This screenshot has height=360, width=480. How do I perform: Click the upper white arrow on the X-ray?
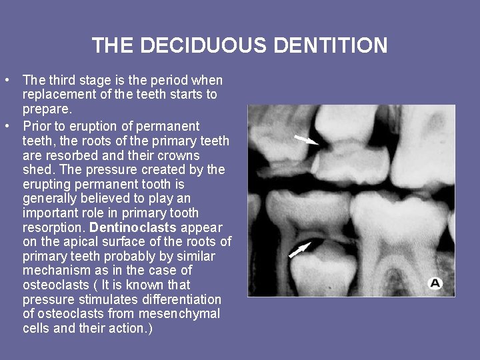click(307, 140)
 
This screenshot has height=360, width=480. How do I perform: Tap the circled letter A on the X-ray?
click(435, 283)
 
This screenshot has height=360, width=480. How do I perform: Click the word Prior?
click(37, 126)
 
